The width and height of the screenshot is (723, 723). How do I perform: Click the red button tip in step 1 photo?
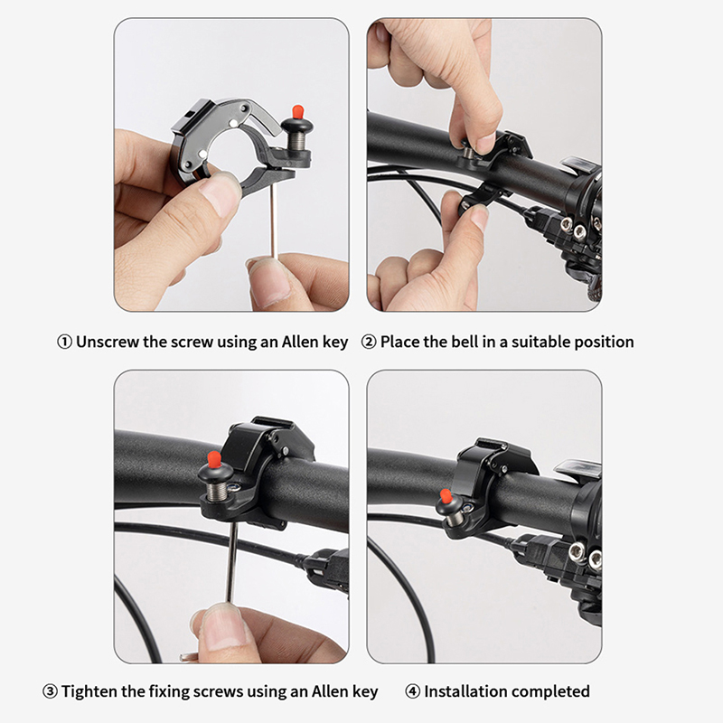click(298, 111)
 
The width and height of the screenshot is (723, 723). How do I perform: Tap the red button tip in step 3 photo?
click(213, 459)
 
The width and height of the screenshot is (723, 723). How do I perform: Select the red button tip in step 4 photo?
click(446, 496)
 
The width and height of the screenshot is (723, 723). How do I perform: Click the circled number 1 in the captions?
click(64, 343)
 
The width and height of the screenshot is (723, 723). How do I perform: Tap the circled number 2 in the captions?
click(369, 343)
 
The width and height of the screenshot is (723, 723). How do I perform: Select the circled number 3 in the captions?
click(50, 691)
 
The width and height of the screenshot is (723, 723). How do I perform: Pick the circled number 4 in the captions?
click(413, 691)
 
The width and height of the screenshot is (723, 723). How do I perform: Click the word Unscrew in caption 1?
click(108, 343)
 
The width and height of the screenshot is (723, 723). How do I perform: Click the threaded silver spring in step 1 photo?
click(295, 141)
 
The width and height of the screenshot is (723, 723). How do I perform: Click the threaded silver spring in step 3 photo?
click(216, 490)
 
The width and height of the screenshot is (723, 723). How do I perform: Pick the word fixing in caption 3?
click(168, 691)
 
